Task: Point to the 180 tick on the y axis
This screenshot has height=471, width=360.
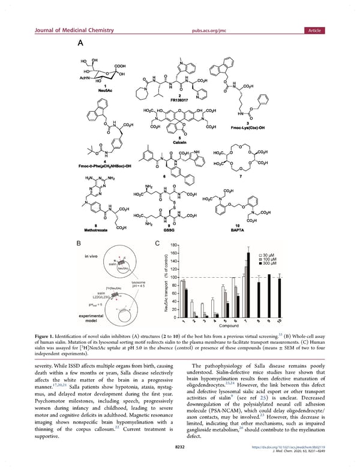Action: [173, 245]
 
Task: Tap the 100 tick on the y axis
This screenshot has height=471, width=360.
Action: [173, 277]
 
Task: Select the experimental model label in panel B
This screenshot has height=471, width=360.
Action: [91, 317]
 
